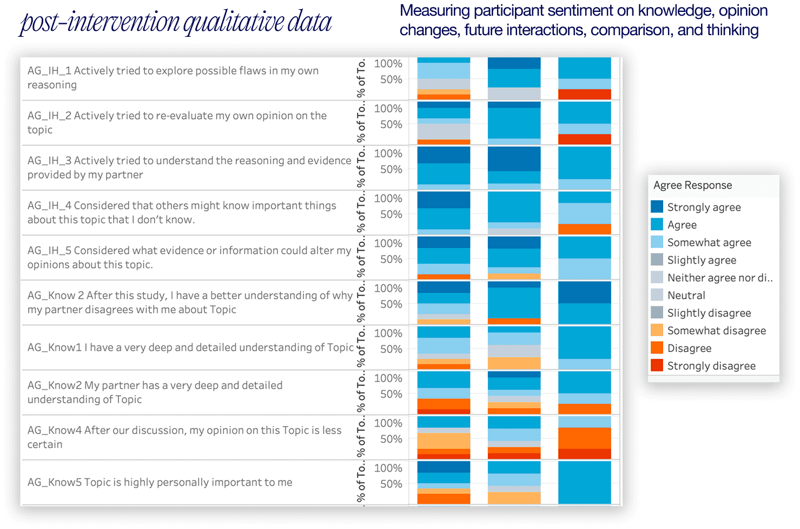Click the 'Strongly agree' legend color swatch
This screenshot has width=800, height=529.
point(657,207)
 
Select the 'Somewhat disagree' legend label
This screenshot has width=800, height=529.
point(716,330)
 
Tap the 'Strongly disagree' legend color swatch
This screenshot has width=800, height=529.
point(657,365)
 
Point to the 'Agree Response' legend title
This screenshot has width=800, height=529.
point(692,185)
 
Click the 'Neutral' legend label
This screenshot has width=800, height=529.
point(686,295)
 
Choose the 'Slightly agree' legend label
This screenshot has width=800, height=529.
point(702,260)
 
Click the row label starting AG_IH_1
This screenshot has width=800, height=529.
point(173,77)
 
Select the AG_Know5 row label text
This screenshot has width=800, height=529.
point(160,482)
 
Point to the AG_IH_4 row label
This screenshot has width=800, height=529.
point(182,212)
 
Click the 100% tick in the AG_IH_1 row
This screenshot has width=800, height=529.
point(388,64)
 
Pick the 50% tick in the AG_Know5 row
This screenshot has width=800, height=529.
point(391,484)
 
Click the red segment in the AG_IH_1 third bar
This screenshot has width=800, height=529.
point(584,94)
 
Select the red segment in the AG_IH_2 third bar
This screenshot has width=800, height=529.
point(584,139)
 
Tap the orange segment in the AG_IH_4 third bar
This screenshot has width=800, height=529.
point(584,229)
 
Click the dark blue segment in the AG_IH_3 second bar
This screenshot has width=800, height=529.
point(514,159)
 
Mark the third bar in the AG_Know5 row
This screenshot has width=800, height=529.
point(584,482)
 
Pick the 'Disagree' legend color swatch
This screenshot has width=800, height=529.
point(657,348)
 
